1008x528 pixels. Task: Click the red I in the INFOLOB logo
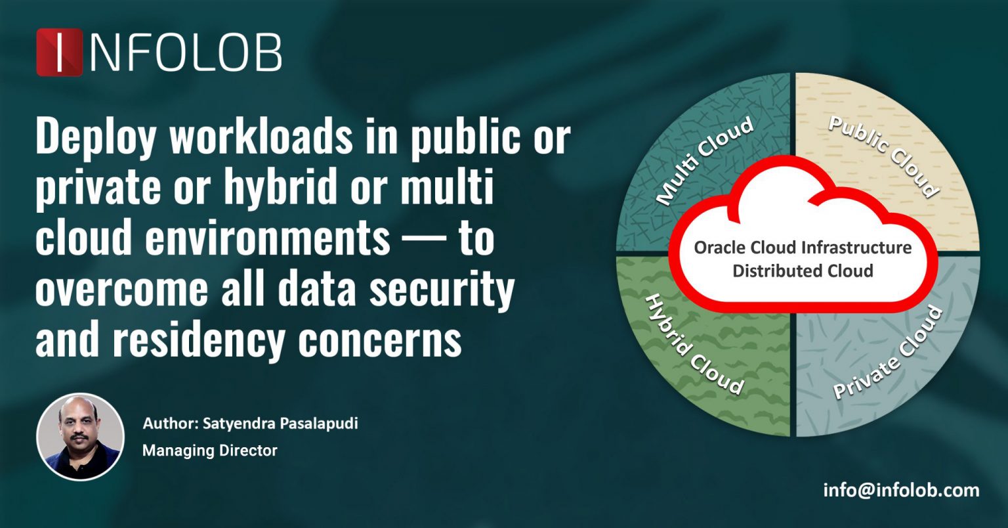60,52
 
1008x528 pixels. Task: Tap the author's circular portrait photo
80,437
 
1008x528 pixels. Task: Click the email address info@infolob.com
901,490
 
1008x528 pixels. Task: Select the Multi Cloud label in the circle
705,162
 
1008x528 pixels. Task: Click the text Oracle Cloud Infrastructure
803,248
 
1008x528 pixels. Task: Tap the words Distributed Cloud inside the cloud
803,271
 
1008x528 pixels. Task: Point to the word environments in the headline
268,239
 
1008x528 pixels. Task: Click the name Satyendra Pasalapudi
280,424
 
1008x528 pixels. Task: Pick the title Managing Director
209,451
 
